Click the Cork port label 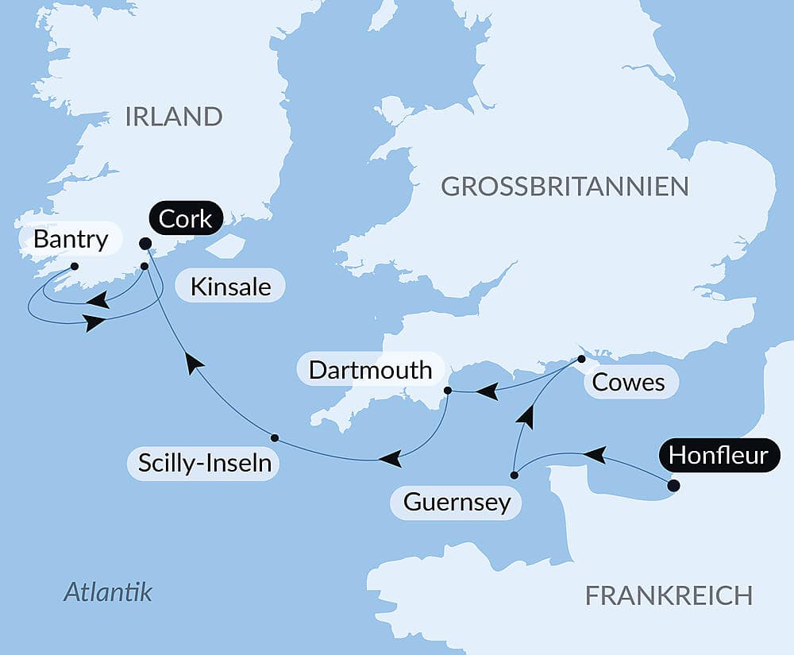(x=186, y=218)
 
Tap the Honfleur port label (x=719, y=456)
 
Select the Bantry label (x=71, y=240)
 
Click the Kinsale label (x=230, y=286)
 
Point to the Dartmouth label (x=370, y=369)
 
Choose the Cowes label (x=629, y=383)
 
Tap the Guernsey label (x=457, y=502)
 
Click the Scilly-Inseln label (x=206, y=464)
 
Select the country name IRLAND (x=173, y=117)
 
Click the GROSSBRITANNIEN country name (x=565, y=187)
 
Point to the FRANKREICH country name (x=668, y=595)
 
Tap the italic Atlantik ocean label (x=107, y=591)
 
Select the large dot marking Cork (x=145, y=244)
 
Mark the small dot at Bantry (x=74, y=266)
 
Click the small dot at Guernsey (x=514, y=476)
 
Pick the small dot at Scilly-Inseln (x=274, y=437)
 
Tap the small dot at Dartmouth (x=447, y=391)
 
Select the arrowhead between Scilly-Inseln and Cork (x=193, y=364)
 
